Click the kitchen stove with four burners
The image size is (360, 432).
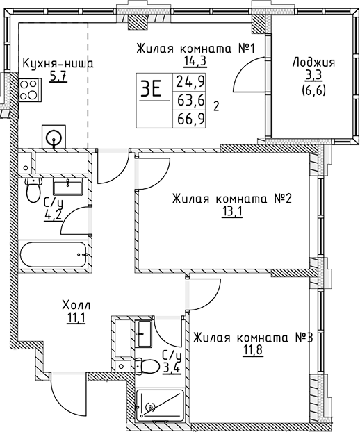(29, 89)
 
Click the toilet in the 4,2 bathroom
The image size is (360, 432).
(33, 189)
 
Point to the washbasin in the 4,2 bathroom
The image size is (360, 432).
(68, 185)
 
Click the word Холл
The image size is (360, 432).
(77, 306)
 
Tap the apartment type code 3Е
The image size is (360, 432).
(151, 89)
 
